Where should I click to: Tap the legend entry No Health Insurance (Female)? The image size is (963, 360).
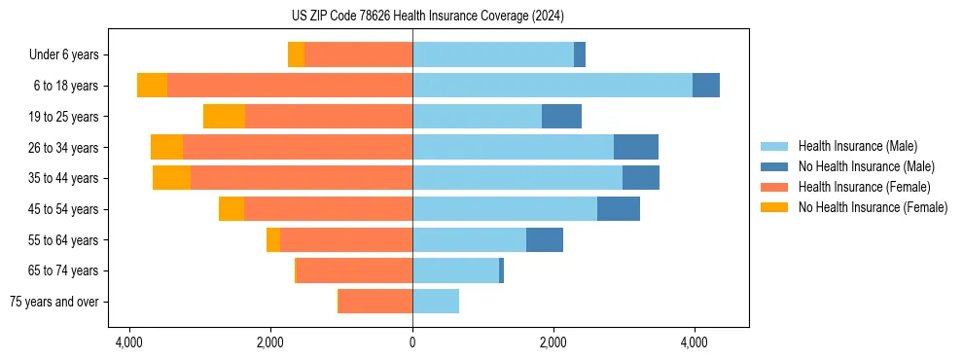[873, 207]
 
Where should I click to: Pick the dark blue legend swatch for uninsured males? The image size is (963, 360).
[775, 166]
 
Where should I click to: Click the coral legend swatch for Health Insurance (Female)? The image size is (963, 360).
[775, 187]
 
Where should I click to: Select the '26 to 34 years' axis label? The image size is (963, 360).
[63, 148]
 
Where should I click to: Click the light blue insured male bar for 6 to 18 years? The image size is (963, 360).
[552, 86]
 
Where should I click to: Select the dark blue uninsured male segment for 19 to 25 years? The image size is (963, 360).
[561, 117]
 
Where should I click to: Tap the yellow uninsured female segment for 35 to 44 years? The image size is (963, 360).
[171, 178]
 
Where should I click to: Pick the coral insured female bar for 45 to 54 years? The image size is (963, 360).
[328, 209]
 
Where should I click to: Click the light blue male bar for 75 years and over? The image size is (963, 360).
[436, 302]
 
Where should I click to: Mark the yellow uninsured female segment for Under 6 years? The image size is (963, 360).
[296, 54]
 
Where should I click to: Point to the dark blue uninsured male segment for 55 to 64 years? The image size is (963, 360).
[545, 240]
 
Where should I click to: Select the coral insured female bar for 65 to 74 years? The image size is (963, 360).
[354, 270]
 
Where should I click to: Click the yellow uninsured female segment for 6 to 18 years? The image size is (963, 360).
[152, 86]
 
